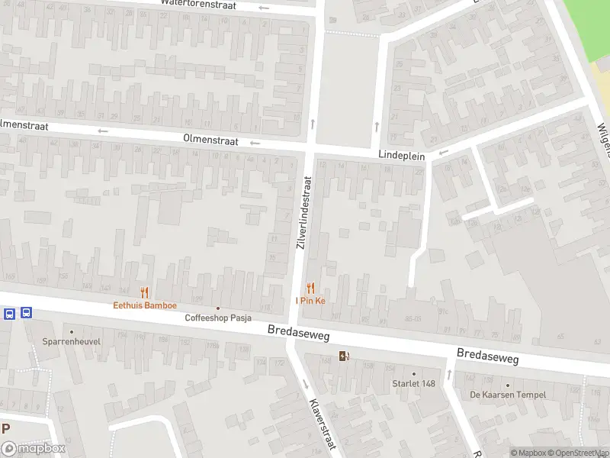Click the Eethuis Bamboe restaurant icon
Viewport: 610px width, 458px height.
tap(143, 292)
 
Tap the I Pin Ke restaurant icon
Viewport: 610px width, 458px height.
tap(310, 288)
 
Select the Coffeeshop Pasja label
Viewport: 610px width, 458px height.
tap(218, 318)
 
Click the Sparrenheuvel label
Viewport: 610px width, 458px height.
tap(71, 342)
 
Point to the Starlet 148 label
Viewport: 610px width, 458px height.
tap(413, 383)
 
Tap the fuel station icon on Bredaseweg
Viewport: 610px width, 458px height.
tap(344, 355)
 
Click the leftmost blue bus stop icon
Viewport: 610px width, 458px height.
tap(9, 313)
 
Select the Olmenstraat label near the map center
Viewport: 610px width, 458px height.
tap(210, 141)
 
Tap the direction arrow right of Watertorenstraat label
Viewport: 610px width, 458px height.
tap(265, 8)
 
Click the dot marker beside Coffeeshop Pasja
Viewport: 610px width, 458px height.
tap(218, 308)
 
